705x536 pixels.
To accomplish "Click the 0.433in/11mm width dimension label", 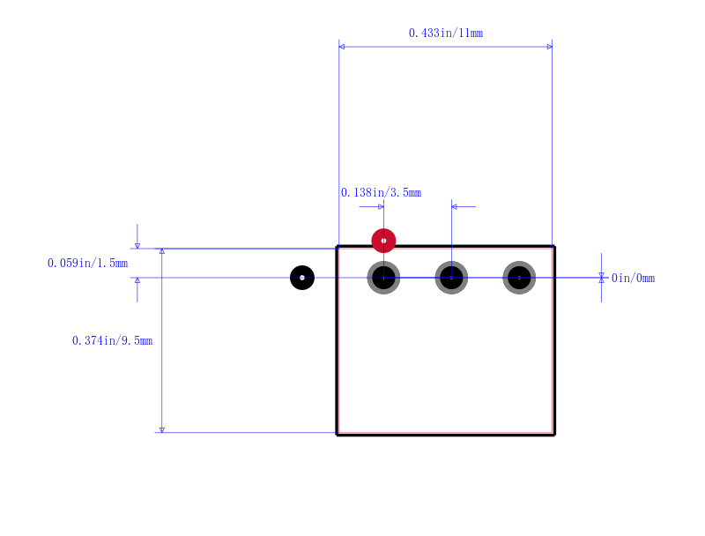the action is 446,33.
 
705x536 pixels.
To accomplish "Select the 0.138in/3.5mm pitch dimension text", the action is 381,192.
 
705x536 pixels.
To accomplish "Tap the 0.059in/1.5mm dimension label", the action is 87,263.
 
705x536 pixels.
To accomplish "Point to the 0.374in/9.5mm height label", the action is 113,341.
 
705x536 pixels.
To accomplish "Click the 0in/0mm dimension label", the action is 633,278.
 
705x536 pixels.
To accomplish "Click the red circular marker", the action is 383,241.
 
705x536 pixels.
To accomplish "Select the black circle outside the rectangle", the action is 302,278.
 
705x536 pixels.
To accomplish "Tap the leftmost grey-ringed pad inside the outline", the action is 383,278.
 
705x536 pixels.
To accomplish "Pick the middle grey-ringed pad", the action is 451,278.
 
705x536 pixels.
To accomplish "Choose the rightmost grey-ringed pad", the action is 519,278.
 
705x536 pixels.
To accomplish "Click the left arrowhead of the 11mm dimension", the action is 342,47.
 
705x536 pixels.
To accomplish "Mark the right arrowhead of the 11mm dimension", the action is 549,47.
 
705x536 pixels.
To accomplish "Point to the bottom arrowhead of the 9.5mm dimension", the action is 162,430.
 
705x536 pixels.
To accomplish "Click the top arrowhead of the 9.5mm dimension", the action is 162,251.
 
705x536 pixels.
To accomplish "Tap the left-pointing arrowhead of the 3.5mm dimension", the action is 454,207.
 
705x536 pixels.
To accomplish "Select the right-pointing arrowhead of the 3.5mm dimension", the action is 381,207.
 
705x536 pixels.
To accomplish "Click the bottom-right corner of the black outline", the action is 554,435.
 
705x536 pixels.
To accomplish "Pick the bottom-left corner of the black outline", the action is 338,435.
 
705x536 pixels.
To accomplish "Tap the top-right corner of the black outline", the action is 554,247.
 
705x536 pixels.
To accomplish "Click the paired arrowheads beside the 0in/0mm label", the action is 601,278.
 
